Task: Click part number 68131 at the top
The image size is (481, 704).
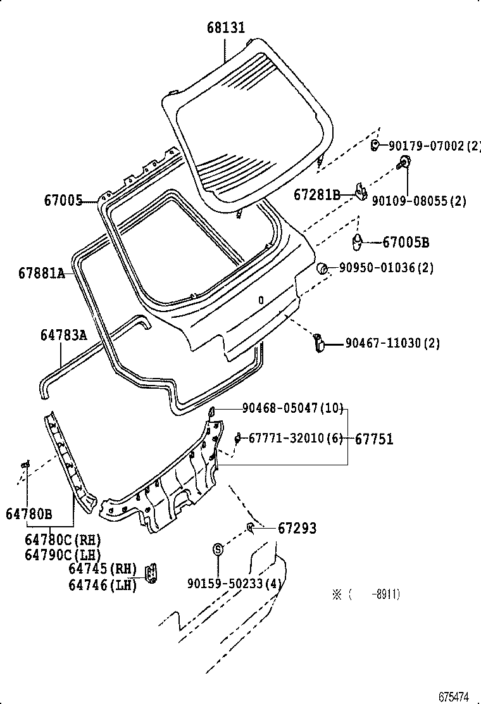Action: (x=226, y=28)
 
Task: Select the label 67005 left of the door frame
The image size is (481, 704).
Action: (x=63, y=201)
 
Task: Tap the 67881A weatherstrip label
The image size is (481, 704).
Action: (x=42, y=273)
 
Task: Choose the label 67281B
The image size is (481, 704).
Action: (x=317, y=195)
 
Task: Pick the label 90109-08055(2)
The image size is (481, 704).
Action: (x=418, y=201)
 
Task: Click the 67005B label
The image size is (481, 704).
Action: (x=406, y=242)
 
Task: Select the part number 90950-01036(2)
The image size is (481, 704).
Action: (x=386, y=268)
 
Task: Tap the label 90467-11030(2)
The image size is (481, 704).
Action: (x=392, y=343)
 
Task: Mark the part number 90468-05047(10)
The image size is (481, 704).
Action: (x=292, y=408)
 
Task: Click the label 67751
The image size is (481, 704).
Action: (x=373, y=439)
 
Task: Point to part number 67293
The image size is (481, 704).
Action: (x=297, y=528)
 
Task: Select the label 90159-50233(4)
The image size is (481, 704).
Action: (x=234, y=583)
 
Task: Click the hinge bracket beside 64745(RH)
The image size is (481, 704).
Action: (x=152, y=574)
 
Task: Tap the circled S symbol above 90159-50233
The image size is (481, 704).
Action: (x=218, y=550)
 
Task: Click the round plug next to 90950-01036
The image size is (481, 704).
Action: (x=322, y=268)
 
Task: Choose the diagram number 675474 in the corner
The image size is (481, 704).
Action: (x=454, y=696)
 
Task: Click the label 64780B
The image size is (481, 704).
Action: (x=29, y=513)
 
